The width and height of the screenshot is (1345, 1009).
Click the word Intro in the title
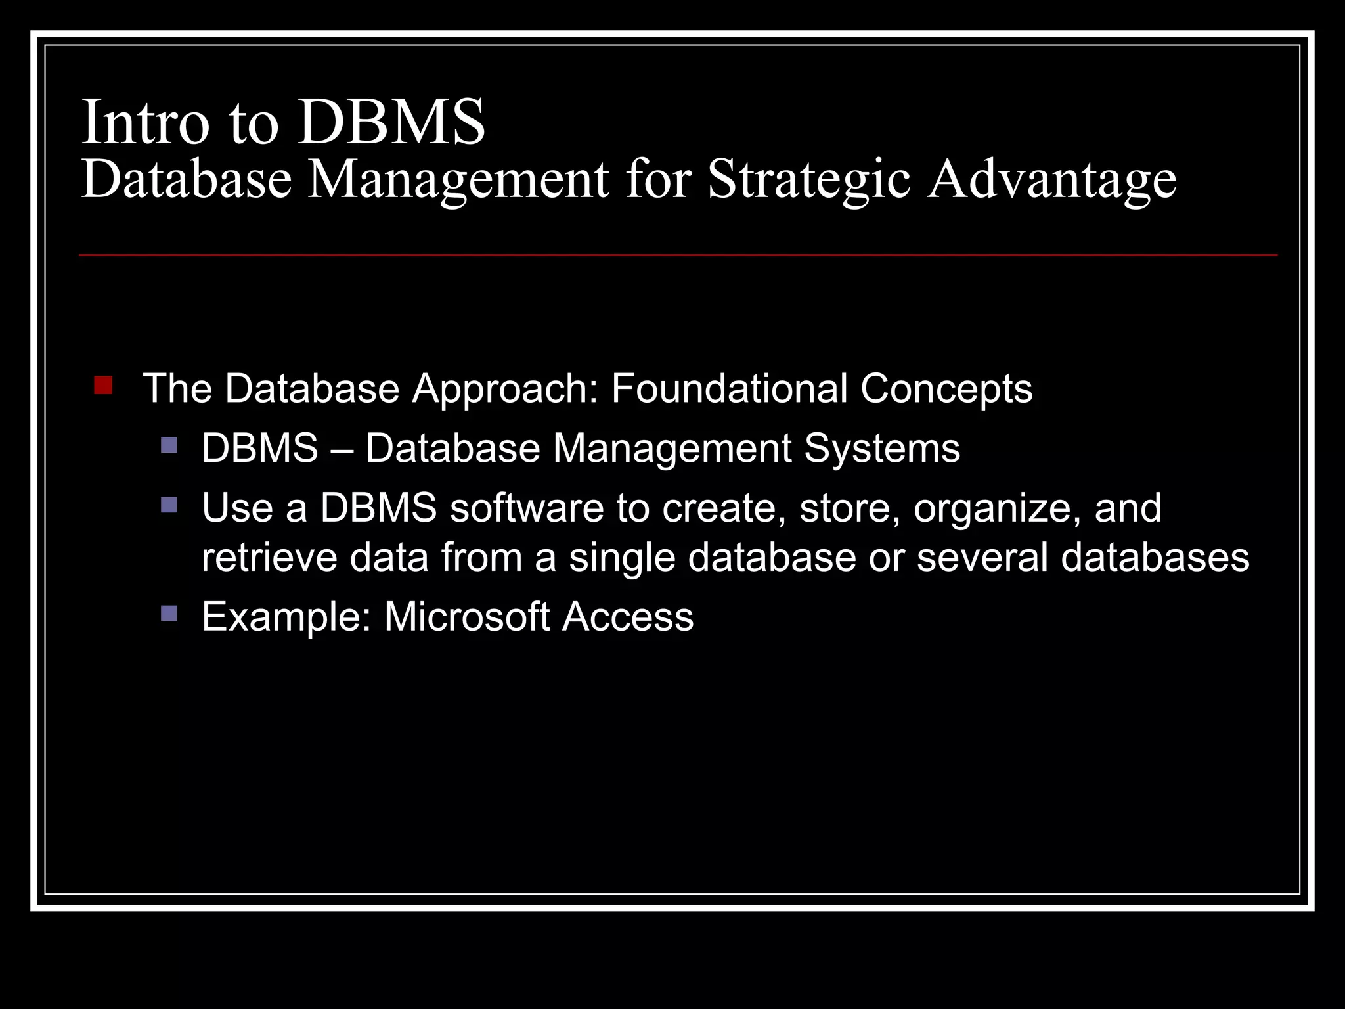(x=144, y=123)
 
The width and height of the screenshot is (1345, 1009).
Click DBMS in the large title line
(x=391, y=123)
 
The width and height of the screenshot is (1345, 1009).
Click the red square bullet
(x=103, y=385)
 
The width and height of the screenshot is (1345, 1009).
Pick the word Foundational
(x=729, y=388)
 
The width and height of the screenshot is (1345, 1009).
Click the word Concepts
(x=946, y=388)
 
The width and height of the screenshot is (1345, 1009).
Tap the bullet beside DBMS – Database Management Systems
(x=169, y=446)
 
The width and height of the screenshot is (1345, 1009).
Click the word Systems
(x=882, y=449)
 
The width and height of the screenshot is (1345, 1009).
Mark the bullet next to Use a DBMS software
(x=169, y=505)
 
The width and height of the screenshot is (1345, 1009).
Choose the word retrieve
(x=269, y=558)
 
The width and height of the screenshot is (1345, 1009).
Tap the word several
(x=982, y=558)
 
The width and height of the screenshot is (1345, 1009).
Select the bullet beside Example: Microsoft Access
(x=169, y=614)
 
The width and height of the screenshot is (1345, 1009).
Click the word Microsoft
(x=467, y=617)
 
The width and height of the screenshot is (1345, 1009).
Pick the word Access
(x=628, y=617)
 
